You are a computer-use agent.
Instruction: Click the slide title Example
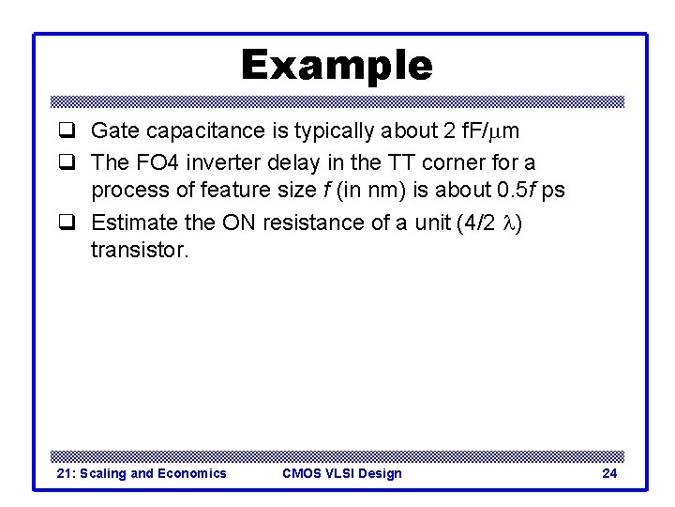337,66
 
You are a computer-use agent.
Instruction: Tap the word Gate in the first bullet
112,131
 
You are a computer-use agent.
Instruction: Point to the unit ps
553,190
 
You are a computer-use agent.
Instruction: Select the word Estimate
130,223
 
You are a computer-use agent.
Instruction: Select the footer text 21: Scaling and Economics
142,473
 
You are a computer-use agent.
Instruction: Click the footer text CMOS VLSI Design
341,473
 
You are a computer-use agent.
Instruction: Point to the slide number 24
609,473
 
